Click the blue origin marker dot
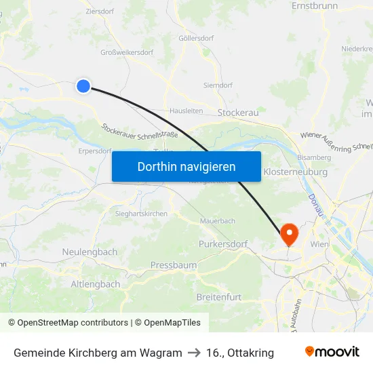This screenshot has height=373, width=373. pos(83,85)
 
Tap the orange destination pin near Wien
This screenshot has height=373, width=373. pos(289,234)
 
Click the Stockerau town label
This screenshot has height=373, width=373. pos(239,113)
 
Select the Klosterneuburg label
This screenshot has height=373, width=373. pos(295,172)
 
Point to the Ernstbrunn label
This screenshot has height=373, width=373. pos(314,5)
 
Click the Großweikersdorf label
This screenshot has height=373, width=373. pos(127,52)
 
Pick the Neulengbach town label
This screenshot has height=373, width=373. pos(90,252)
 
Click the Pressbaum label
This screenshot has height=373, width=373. pos(174,264)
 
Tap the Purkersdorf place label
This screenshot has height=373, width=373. pos(223,243)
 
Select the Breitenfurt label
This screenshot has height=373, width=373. pos(218,297)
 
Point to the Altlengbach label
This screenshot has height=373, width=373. pos(96,284)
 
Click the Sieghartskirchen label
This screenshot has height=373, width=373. pos(137,214)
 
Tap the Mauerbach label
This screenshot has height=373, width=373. pos(218,221)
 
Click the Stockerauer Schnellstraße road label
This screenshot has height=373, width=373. pos(140,130)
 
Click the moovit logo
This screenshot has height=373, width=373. pos(332,352)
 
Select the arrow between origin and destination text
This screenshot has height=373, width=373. pos(194,353)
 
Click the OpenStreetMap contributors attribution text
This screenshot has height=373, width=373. pos(68,323)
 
